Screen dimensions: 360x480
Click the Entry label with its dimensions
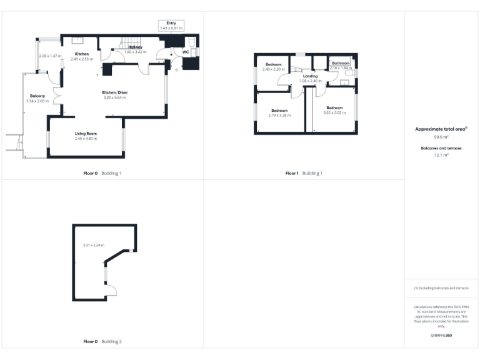(171, 26)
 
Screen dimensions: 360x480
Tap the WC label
(186, 52)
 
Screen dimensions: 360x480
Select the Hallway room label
(136, 47)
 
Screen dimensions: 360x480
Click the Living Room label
(86, 134)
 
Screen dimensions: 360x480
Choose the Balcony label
(37, 96)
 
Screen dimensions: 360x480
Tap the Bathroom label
(341, 63)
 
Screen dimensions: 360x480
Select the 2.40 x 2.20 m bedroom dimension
(273, 69)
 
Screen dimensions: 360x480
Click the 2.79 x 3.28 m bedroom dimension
(279, 115)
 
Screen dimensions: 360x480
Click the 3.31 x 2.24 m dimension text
(94, 245)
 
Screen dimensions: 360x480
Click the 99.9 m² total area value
(441, 137)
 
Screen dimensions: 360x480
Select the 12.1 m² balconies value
(441, 154)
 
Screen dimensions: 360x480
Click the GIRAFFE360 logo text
(441, 336)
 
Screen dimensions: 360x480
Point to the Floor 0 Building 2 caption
(102, 342)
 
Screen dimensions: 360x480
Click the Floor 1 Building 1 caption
(304, 173)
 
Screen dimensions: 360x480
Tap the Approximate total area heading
(441, 129)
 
